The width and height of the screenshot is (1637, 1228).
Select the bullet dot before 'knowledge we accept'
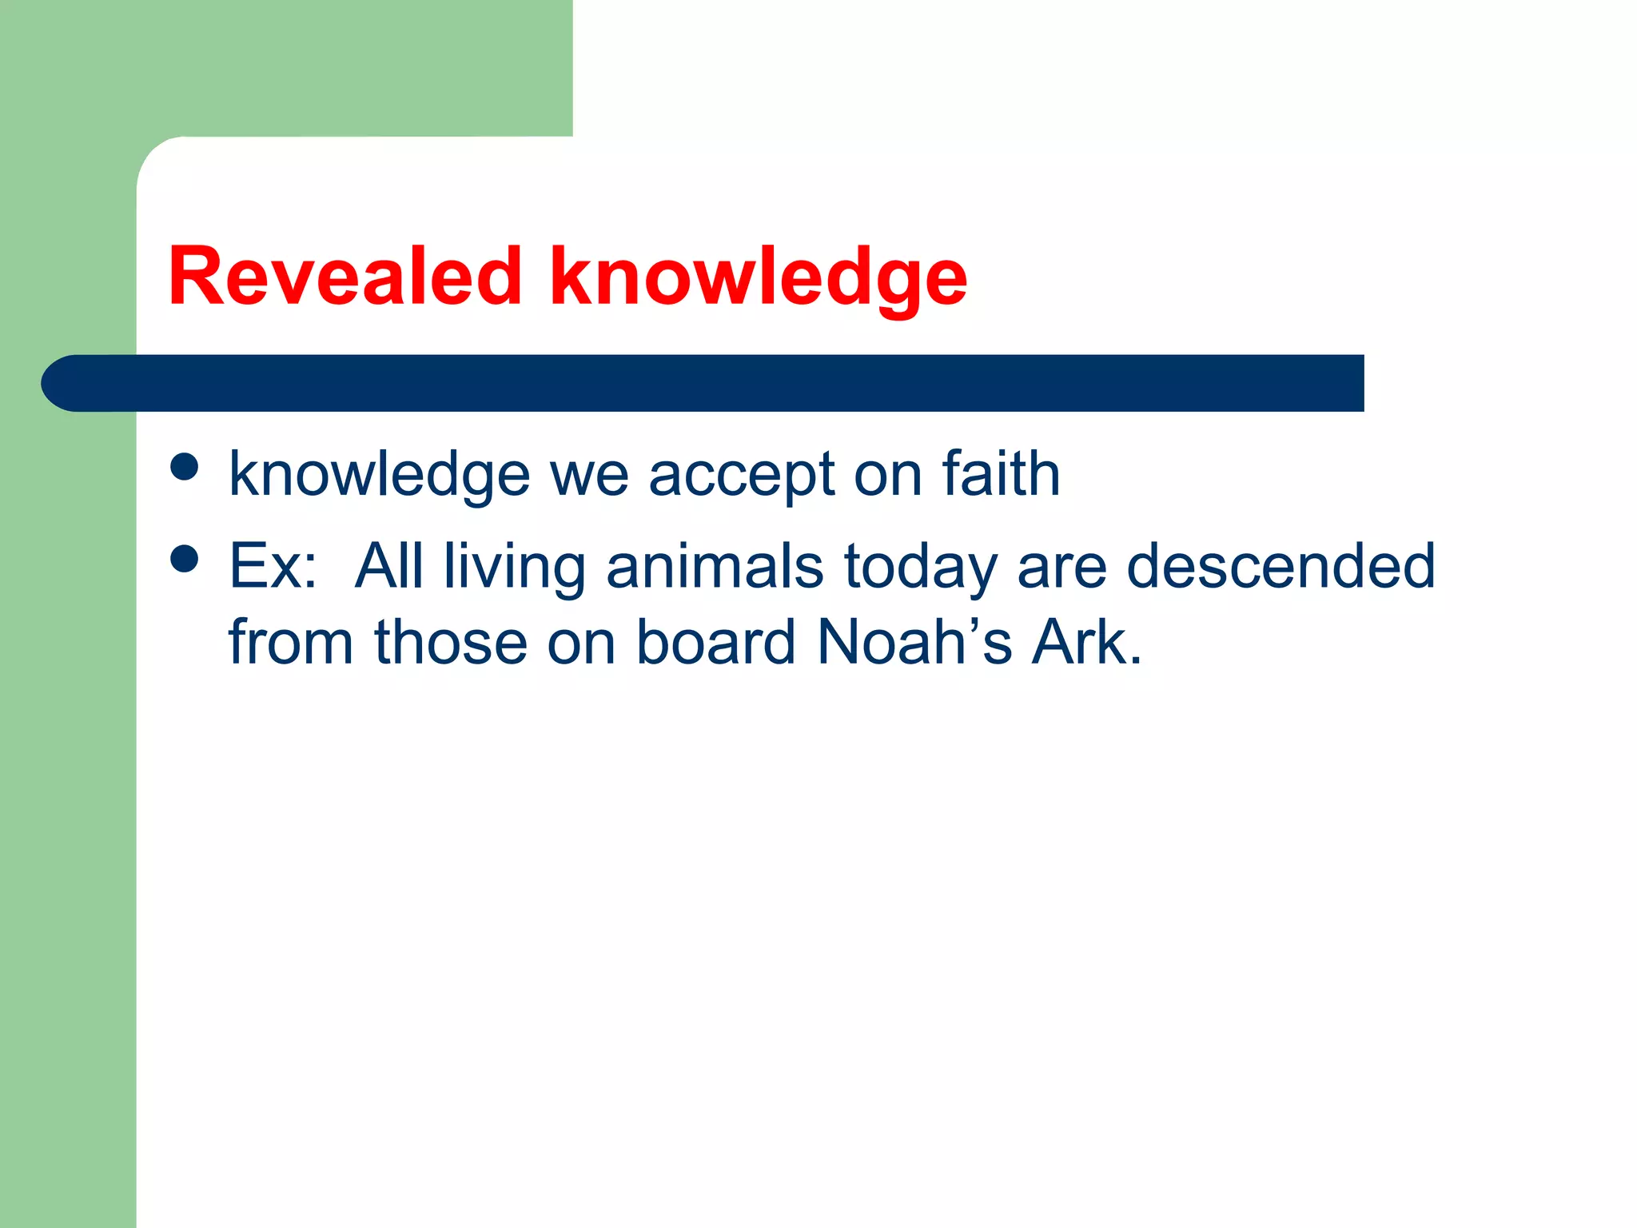[185, 468]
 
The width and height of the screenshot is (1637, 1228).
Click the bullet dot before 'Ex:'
[185, 560]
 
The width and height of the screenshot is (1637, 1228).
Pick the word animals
[715, 566]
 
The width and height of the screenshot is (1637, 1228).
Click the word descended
[1281, 566]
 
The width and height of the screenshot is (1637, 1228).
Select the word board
[716, 642]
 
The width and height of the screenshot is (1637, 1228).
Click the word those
[451, 642]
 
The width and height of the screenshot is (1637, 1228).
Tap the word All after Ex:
[389, 566]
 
